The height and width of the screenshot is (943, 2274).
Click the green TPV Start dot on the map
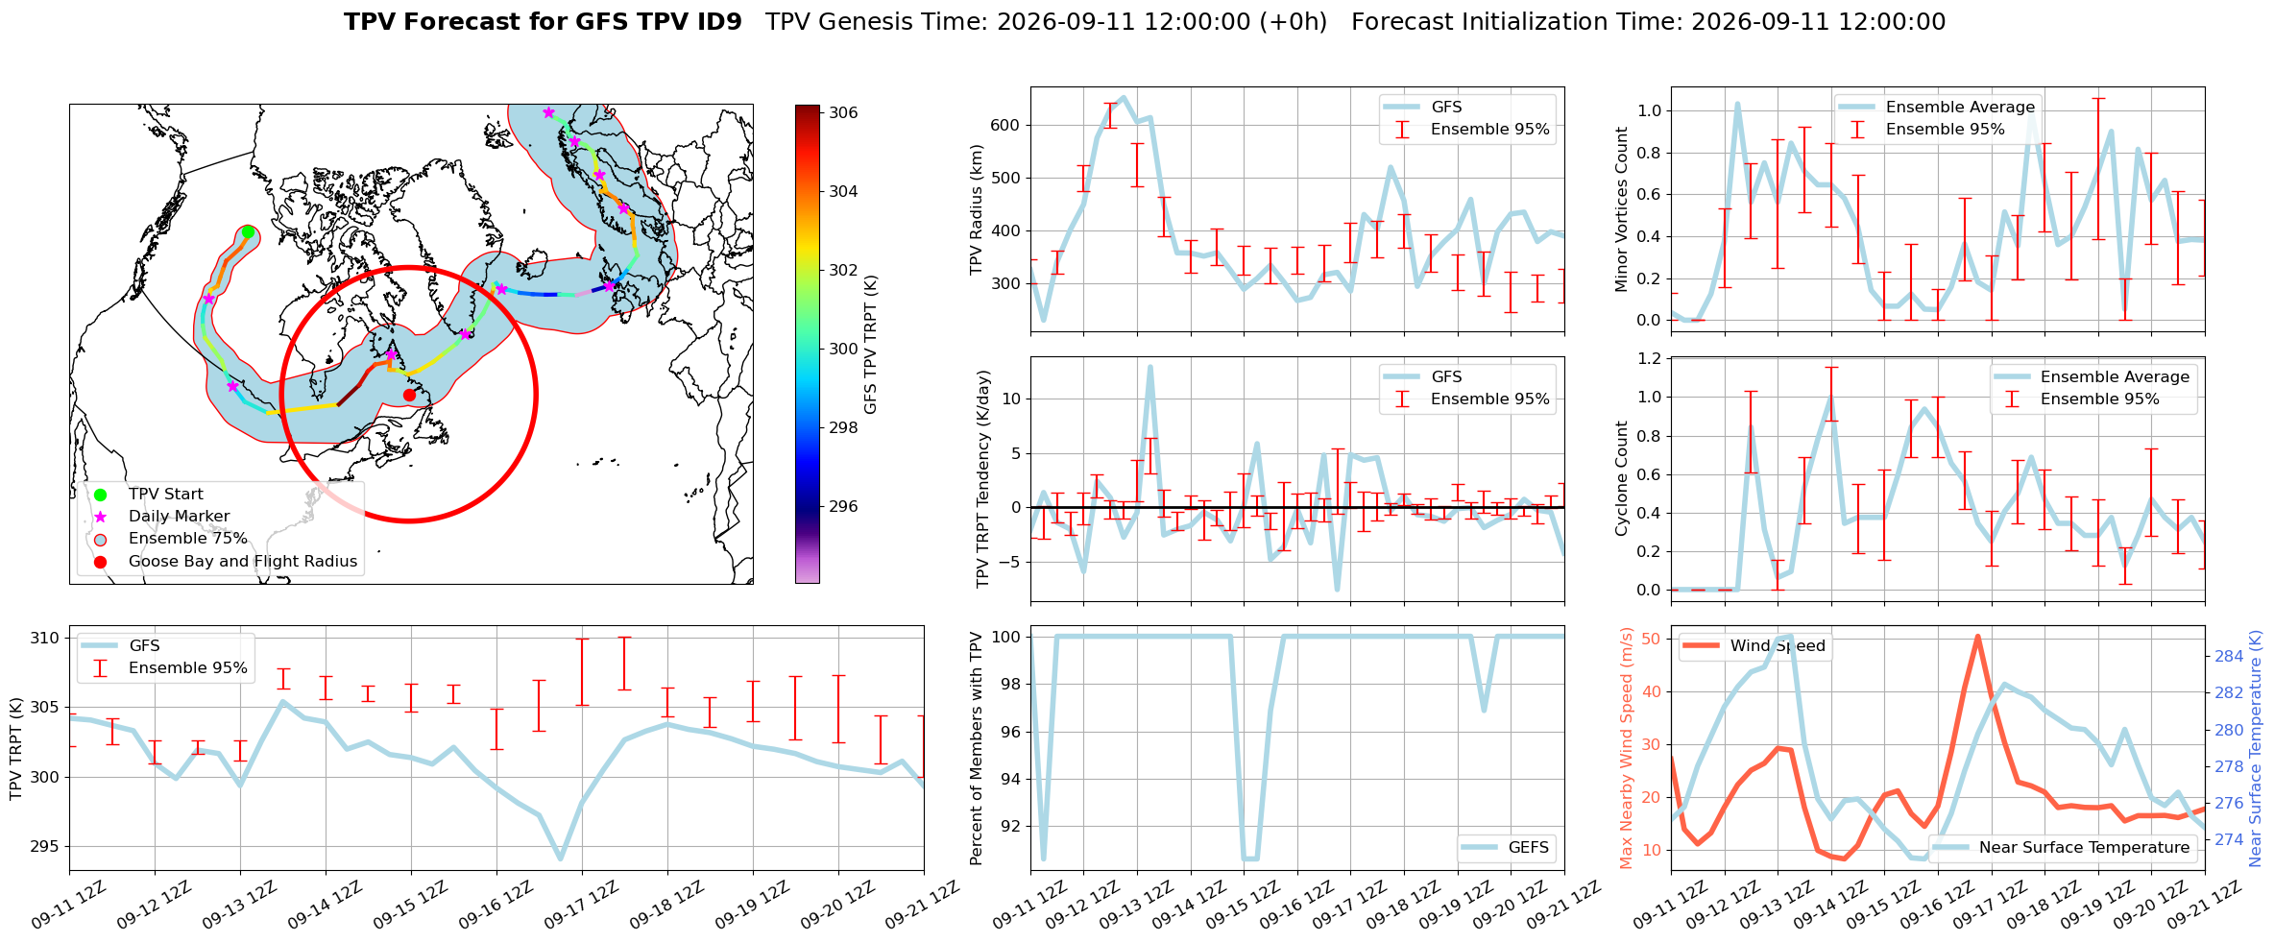[x=248, y=231]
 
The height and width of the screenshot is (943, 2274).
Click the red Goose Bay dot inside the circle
[x=409, y=395]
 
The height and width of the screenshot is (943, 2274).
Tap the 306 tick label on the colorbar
[x=843, y=112]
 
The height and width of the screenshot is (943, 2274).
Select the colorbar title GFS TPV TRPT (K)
[x=870, y=344]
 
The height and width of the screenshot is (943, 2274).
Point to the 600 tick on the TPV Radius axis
[x=1004, y=125]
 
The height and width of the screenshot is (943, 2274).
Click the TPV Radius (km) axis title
[x=978, y=209]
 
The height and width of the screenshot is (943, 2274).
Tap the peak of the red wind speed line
[x=1977, y=636]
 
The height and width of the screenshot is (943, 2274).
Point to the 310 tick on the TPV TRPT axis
[x=45, y=638]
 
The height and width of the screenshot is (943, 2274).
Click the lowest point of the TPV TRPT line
[x=560, y=858]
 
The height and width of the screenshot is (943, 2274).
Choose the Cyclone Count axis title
[x=1622, y=478]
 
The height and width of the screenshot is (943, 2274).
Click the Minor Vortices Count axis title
[x=1622, y=209]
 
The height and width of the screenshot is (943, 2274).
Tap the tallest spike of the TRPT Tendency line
[x=1149, y=366]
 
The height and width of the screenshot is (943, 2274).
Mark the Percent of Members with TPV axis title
[x=978, y=748]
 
